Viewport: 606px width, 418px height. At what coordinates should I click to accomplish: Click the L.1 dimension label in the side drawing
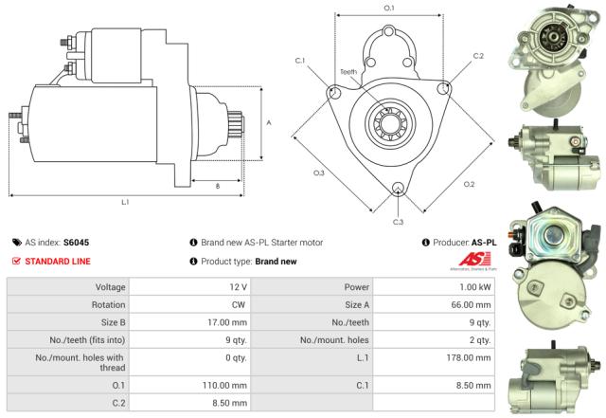pyautogui.click(x=125, y=202)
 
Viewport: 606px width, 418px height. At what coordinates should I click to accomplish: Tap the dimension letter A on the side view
pyautogui.click(x=270, y=122)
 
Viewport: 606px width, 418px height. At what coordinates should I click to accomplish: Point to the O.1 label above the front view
pyautogui.click(x=388, y=9)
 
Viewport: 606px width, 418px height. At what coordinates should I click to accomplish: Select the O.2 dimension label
pyautogui.click(x=469, y=183)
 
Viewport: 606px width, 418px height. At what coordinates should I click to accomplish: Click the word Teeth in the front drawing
pyautogui.click(x=349, y=72)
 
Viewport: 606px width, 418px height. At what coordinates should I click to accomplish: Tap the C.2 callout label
pyautogui.click(x=478, y=56)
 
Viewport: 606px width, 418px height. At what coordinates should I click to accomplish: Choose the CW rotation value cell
pyautogui.click(x=240, y=304)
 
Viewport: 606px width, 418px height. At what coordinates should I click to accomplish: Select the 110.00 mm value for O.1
pyautogui.click(x=227, y=386)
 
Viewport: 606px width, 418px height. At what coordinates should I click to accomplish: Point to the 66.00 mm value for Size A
pyautogui.click(x=472, y=304)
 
